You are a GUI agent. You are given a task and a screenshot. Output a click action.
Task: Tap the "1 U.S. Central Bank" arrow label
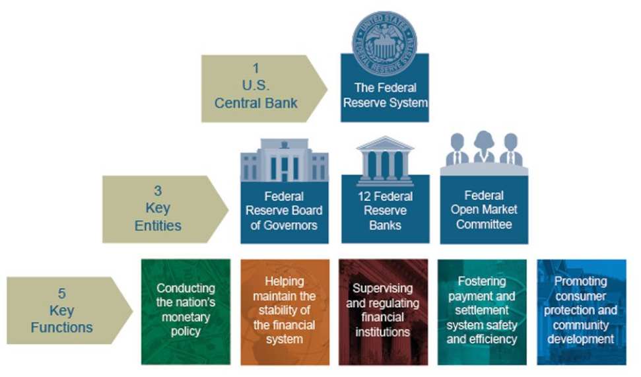[x=261, y=87]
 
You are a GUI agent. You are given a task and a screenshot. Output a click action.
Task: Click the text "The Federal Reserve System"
[x=385, y=95]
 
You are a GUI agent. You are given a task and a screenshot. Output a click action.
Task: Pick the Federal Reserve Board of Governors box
[x=284, y=211]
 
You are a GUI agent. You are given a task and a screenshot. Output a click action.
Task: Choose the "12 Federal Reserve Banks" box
[x=385, y=211]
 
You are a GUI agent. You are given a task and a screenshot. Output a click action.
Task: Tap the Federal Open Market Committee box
[x=484, y=210]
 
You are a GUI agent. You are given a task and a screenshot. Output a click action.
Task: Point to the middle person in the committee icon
[x=484, y=146]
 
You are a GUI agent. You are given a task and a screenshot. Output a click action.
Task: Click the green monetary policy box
[x=186, y=310]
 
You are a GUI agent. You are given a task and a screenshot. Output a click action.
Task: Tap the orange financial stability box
[x=284, y=310]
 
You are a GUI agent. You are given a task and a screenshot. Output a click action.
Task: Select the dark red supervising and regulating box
[x=383, y=310]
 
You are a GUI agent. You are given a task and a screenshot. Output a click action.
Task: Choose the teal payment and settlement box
[x=482, y=310]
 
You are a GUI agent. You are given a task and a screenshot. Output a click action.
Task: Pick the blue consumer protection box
[x=581, y=310]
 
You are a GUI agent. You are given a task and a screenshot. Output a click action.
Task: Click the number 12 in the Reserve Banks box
[x=364, y=197]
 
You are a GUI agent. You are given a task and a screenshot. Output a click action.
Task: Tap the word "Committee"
[x=484, y=224]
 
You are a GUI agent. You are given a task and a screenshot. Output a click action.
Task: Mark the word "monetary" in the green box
[x=186, y=317]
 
